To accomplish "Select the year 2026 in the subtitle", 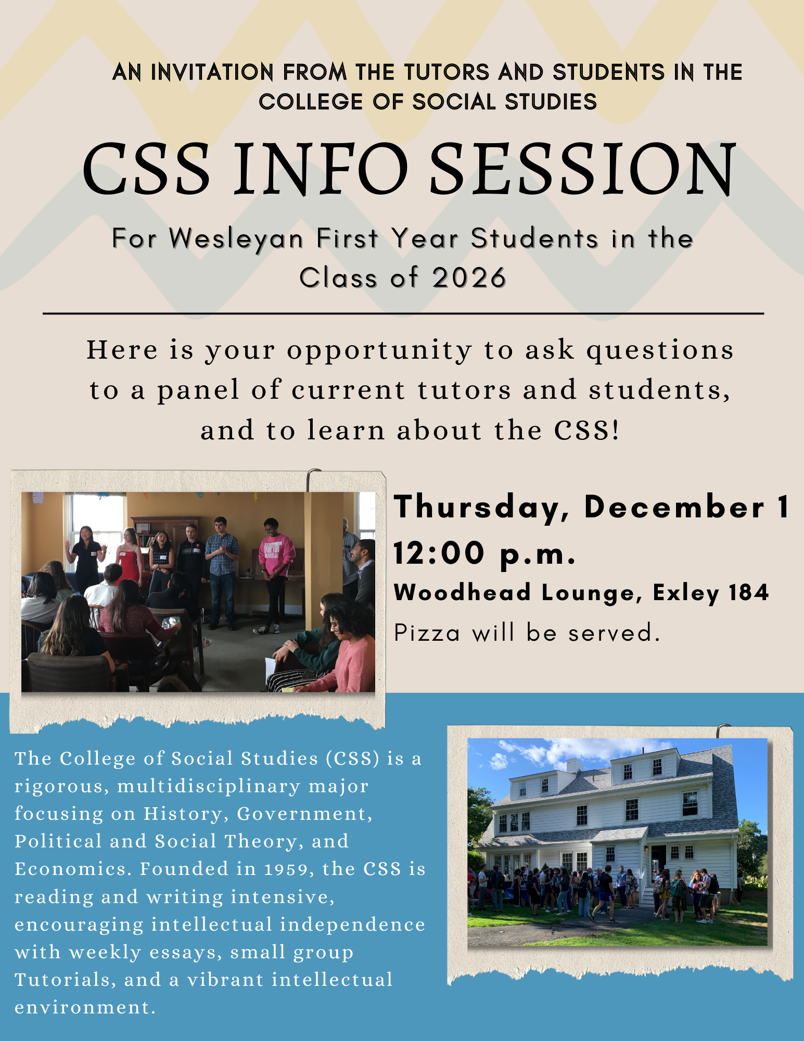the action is click(469, 277).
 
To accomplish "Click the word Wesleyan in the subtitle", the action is click(236, 239).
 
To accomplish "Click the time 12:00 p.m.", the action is click(484, 553).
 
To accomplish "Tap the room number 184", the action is click(748, 592).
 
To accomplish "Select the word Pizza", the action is click(427, 633).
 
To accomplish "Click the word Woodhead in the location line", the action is click(462, 592).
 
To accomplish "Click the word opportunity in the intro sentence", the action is click(379, 351).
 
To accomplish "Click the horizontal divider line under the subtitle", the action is click(403, 313).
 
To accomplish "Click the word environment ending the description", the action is click(85, 1008).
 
